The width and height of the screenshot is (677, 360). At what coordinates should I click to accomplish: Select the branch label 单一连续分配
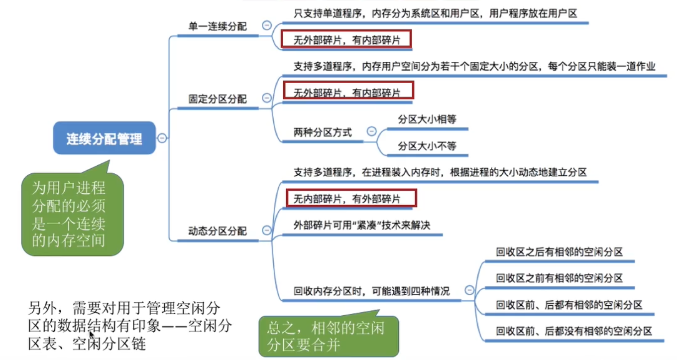coord(217,26)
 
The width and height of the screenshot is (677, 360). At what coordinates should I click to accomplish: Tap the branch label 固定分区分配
coord(217,99)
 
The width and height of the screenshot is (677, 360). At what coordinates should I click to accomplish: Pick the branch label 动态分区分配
coord(217,231)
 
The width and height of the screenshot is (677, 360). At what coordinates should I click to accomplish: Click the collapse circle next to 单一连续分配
coord(267,25)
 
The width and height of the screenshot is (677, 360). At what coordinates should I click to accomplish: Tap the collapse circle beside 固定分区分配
coord(267,98)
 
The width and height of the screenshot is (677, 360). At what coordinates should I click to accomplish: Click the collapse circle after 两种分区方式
coord(371,131)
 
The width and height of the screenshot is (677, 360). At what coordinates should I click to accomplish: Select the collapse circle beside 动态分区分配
coord(267,230)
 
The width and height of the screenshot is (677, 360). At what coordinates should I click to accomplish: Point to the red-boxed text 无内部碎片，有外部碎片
coord(351,199)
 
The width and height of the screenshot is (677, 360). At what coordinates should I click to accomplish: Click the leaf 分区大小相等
coord(427,120)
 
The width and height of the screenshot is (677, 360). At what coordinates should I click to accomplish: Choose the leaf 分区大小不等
coord(427,146)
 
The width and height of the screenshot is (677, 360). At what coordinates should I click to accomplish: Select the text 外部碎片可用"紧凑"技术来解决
coord(362,226)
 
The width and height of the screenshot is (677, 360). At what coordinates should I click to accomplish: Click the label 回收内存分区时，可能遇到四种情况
coord(371,291)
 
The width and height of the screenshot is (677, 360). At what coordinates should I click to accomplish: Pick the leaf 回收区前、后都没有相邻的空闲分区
coord(574,331)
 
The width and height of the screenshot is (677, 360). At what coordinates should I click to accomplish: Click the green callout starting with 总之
coord(329,336)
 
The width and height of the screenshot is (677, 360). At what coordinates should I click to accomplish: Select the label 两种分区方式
coord(323,132)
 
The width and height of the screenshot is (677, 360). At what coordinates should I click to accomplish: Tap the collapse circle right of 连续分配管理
coord(162,138)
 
